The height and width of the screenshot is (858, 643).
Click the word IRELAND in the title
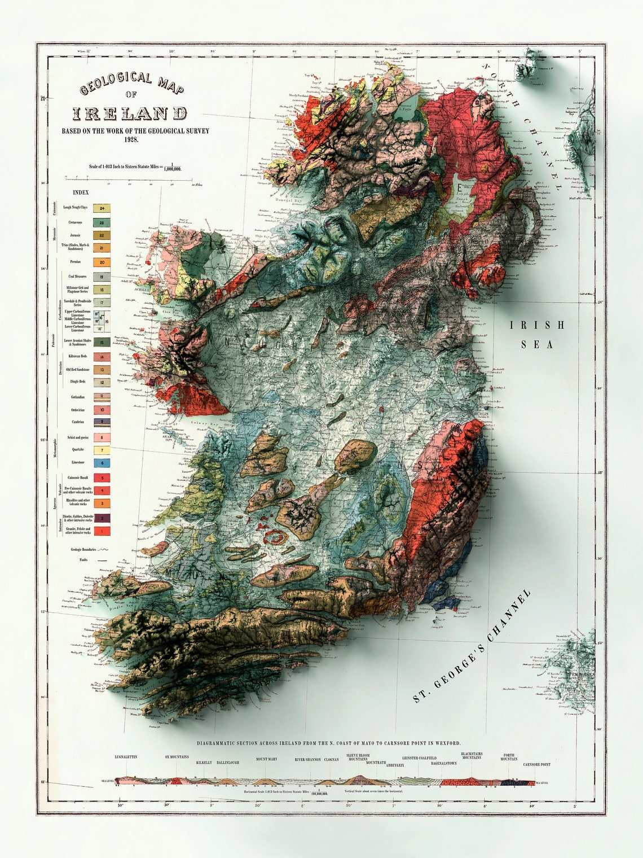pyautogui.click(x=129, y=113)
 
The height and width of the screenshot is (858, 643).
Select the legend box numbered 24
pyautogui.click(x=102, y=208)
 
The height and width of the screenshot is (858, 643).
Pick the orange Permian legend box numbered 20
pyautogui.click(x=102, y=262)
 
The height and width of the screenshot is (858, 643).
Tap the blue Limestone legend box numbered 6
pyautogui.click(x=102, y=463)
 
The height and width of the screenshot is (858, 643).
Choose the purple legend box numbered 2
pyautogui.click(x=102, y=518)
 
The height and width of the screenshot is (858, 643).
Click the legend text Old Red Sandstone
pyautogui.click(x=78, y=369)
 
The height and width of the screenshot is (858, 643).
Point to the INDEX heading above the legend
pyautogui.click(x=81, y=192)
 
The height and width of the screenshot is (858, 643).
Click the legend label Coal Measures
pyautogui.click(x=77, y=277)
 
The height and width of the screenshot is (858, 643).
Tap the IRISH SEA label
pyautogui.click(x=537, y=334)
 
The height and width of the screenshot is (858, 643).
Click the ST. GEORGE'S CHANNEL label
pyautogui.click(x=473, y=646)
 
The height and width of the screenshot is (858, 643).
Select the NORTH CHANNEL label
pyautogui.click(x=521, y=126)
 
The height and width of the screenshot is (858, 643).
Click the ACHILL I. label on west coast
pyautogui.click(x=140, y=288)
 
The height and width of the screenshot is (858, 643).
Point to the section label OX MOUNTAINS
pyautogui.click(x=177, y=757)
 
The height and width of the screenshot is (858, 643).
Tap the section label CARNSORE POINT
pyautogui.click(x=536, y=764)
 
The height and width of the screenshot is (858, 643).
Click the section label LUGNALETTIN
pyautogui.click(x=126, y=756)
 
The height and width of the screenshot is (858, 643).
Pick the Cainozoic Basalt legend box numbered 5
pyautogui.click(x=102, y=478)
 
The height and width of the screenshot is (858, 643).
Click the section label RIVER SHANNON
pyautogui.click(x=308, y=760)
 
